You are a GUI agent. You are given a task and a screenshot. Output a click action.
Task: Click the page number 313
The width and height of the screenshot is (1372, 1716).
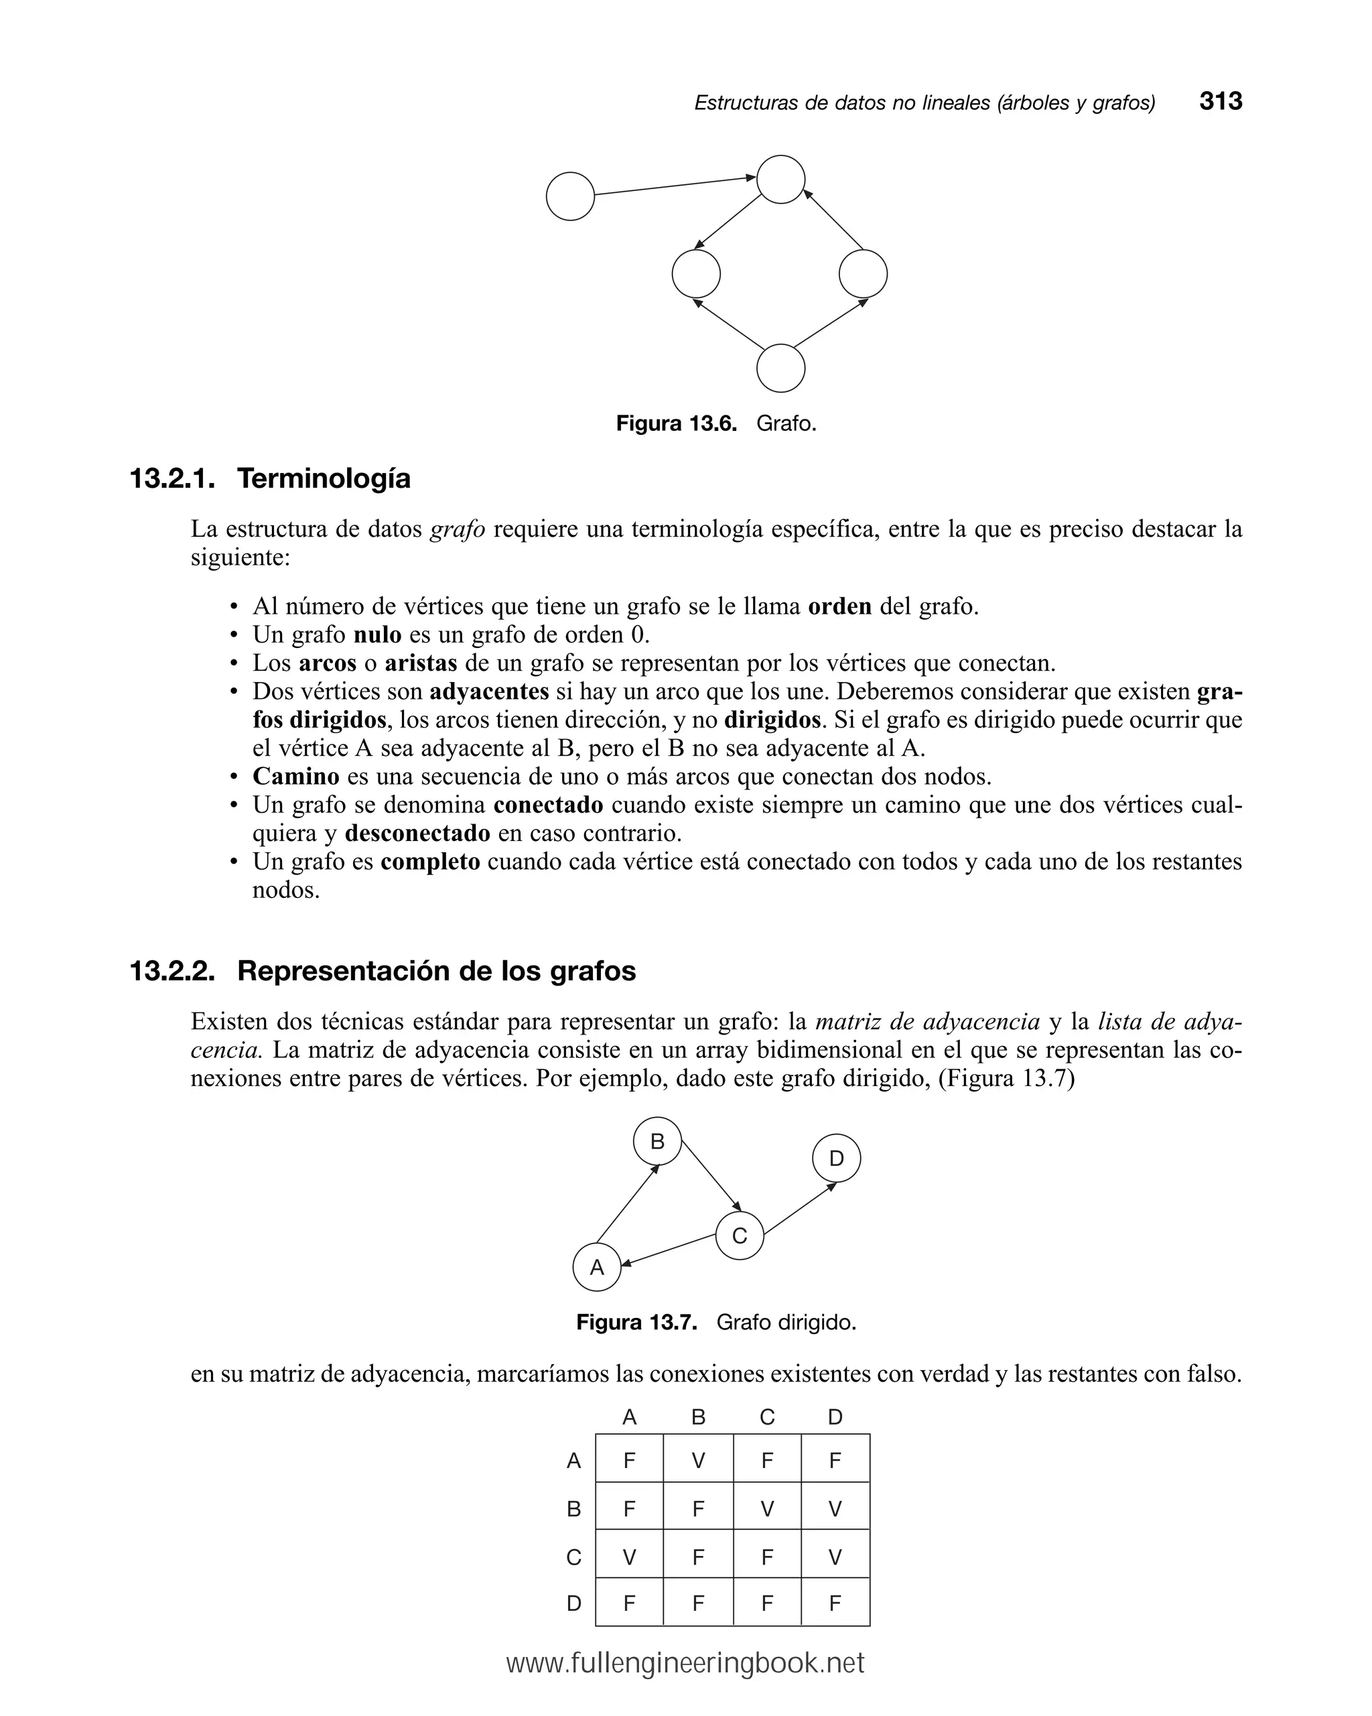pyautogui.click(x=1220, y=101)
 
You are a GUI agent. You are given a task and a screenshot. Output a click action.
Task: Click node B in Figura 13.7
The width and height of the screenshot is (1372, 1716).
pyautogui.click(x=657, y=1141)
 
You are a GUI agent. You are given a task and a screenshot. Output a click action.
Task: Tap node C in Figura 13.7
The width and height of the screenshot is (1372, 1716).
pyautogui.click(x=740, y=1236)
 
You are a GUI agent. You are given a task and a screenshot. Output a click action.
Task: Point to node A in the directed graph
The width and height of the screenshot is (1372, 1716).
pyautogui.click(x=596, y=1267)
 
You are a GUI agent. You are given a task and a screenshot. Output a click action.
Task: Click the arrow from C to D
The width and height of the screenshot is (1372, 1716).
pyautogui.click(x=800, y=1208)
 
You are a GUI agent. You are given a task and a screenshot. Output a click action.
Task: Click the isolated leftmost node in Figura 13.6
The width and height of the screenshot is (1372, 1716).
pyautogui.click(x=570, y=196)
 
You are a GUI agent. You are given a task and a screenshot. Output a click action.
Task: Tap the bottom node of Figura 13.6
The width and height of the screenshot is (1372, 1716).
pyautogui.click(x=780, y=368)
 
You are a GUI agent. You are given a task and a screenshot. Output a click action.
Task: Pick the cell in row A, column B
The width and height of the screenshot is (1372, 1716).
pyautogui.click(x=698, y=1461)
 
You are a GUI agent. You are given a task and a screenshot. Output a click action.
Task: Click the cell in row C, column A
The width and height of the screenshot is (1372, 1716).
pyautogui.click(x=628, y=1557)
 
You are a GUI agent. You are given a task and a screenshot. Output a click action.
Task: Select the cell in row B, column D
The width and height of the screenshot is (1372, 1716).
pyautogui.click(x=835, y=1509)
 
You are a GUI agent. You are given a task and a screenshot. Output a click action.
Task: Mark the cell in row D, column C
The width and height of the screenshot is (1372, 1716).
pyautogui.click(x=766, y=1603)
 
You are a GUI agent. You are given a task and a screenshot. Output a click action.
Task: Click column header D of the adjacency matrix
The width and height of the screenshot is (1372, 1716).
pyautogui.click(x=835, y=1416)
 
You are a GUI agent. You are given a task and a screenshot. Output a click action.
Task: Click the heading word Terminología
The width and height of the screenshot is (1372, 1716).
pyautogui.click(x=324, y=478)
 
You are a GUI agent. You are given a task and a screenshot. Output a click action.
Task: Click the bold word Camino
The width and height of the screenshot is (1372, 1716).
pyautogui.click(x=295, y=776)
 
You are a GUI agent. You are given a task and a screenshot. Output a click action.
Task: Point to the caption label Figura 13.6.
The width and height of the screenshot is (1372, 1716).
pyautogui.click(x=676, y=423)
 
